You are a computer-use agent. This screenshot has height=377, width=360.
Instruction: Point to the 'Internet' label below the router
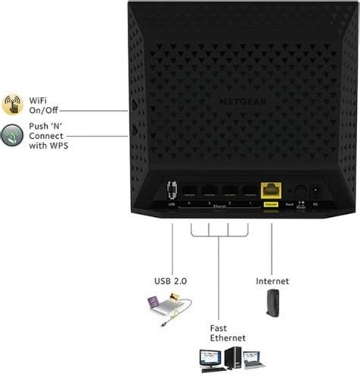tap(272, 281)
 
